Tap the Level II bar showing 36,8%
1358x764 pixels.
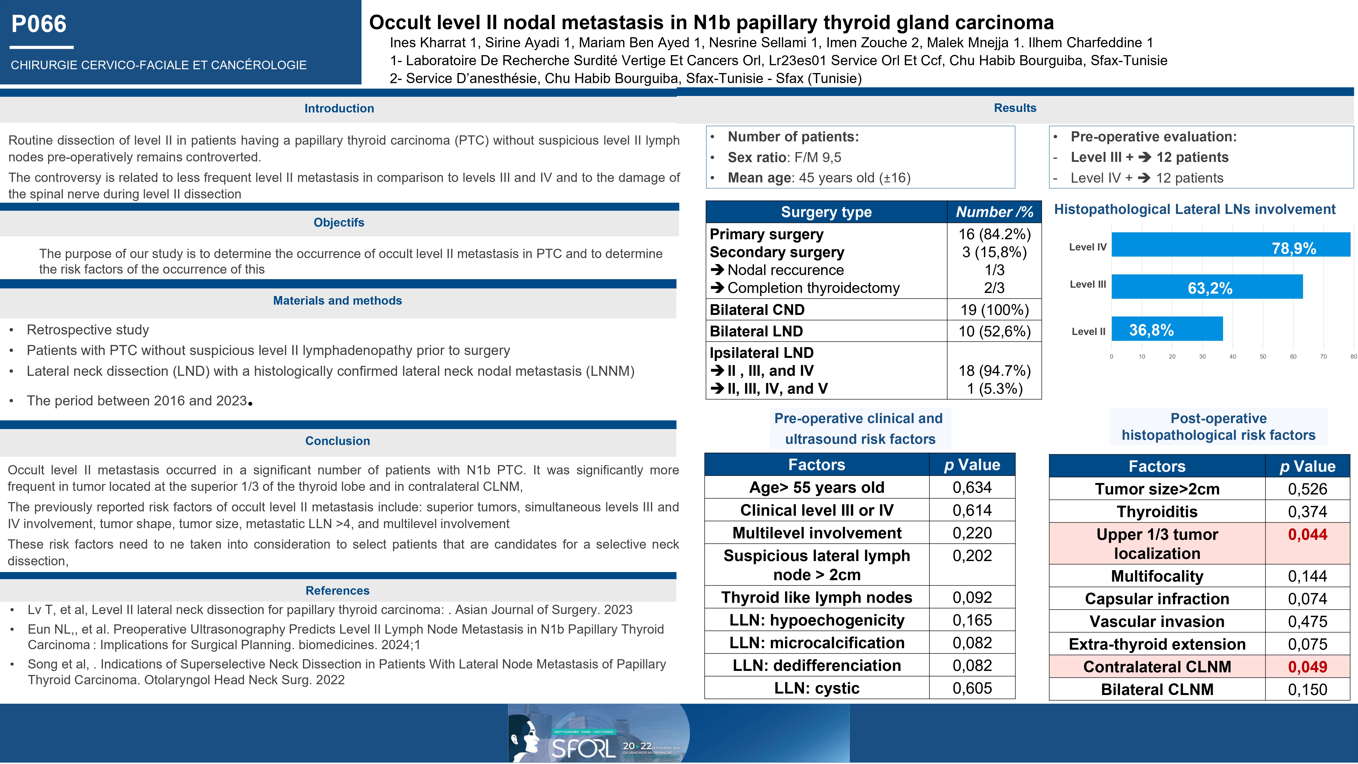coord(1167,329)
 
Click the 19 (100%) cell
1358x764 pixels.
coord(994,310)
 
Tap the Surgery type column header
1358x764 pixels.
coord(826,212)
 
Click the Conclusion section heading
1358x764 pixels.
coord(337,441)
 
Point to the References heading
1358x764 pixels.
coord(337,590)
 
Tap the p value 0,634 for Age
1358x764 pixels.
coord(972,488)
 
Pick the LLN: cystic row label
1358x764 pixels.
coord(817,689)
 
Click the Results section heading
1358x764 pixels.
coord(1015,108)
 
